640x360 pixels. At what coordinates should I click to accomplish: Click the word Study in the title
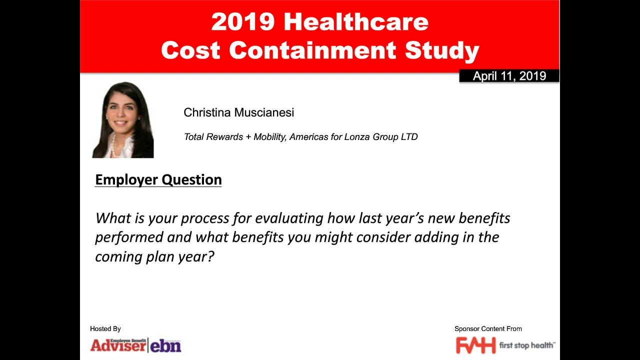pyautogui.click(x=442, y=50)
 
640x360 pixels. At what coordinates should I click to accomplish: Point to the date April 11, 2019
pyautogui.click(x=509, y=76)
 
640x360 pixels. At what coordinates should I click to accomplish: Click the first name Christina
pyautogui.click(x=207, y=112)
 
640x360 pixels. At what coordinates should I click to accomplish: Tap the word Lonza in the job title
pyautogui.click(x=357, y=137)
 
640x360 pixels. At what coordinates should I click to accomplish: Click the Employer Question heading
pyautogui.click(x=158, y=180)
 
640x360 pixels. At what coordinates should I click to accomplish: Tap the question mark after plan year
pyautogui.click(x=210, y=256)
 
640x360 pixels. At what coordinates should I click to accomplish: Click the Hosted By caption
pyautogui.click(x=105, y=329)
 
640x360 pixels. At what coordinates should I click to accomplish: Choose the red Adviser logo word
pyautogui.click(x=118, y=345)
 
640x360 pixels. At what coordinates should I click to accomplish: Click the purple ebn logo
pyautogui.click(x=165, y=345)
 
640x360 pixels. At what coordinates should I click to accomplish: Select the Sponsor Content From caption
pyautogui.click(x=488, y=329)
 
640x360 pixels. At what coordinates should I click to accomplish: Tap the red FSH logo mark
pyautogui.click(x=475, y=345)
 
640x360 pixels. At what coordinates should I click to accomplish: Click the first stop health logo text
pyautogui.click(x=526, y=345)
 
